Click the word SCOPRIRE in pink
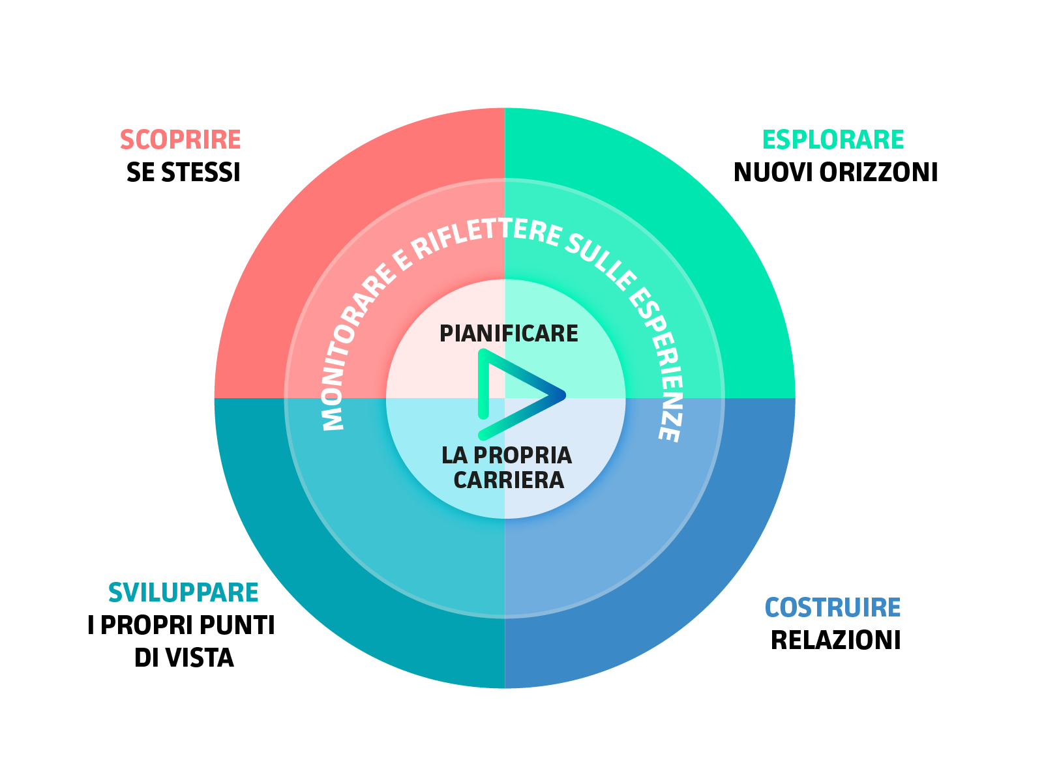(181, 140)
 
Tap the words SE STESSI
(183, 173)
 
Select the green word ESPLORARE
(833, 140)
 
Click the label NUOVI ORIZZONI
(835, 173)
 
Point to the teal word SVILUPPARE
(183, 593)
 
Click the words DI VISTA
(184, 658)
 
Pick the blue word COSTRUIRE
(833, 608)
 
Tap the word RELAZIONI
(835, 641)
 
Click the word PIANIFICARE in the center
(509, 334)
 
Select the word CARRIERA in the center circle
(509, 480)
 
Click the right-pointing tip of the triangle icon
(562, 395)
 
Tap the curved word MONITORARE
(355, 349)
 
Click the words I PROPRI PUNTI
(181, 626)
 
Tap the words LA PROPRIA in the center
(507, 456)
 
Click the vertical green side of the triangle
(483, 384)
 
